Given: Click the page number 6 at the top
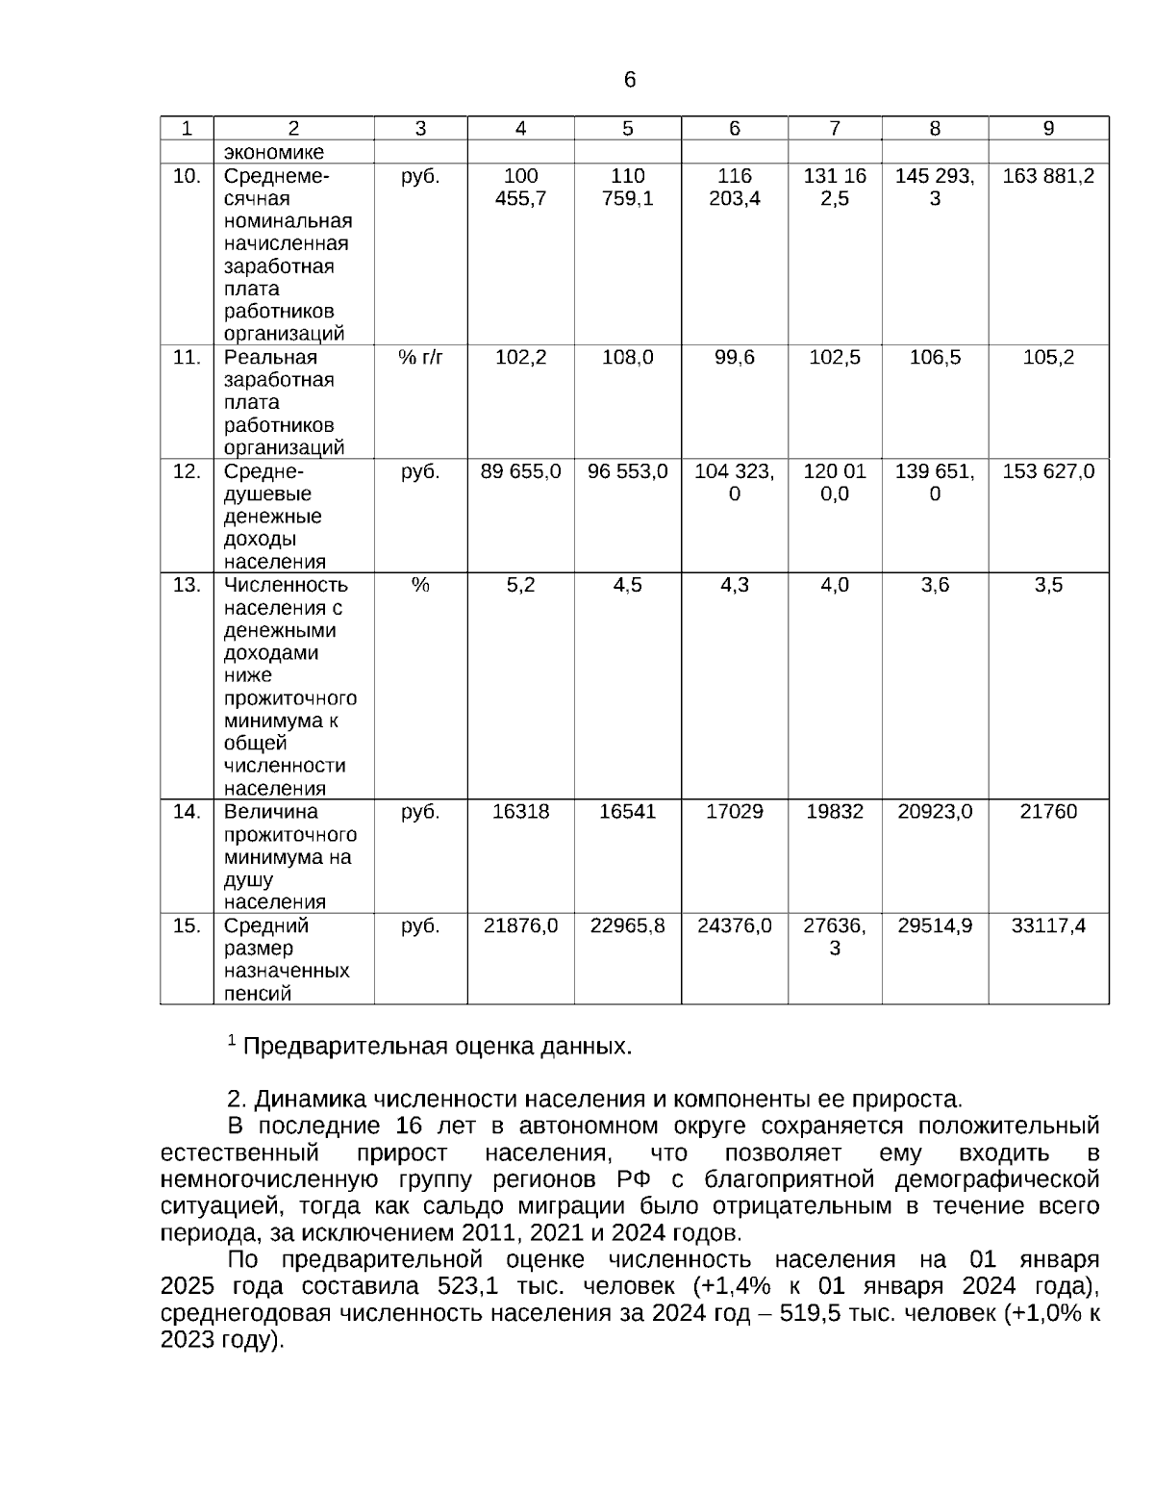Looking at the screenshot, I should pos(630,80).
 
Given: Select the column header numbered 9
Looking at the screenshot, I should pos(1048,129).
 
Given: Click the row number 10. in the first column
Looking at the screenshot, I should pos(187,176).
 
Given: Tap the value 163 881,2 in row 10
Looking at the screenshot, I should pos(1048,176).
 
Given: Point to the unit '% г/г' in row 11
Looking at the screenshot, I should pos(420,358).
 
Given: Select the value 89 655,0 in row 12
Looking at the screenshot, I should pos(520,471).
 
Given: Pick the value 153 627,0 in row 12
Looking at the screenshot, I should pos(1048,471).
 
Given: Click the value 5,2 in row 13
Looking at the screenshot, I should pos(520,585).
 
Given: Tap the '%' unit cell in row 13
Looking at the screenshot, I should pos(420,585).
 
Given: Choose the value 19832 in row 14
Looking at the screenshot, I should pos(834,812).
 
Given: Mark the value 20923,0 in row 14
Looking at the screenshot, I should pos(935,812).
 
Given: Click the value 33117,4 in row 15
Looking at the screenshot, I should pos(1048,925).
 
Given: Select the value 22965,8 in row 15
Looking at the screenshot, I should pos(627,925).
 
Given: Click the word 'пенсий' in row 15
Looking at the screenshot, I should pos(258,994).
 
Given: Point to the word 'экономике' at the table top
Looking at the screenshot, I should pos(274,152).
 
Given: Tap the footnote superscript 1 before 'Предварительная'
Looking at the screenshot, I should pos(231,1040).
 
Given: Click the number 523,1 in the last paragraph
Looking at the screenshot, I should pos(466,1287).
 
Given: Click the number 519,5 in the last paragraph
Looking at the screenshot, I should pos(813,1314).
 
